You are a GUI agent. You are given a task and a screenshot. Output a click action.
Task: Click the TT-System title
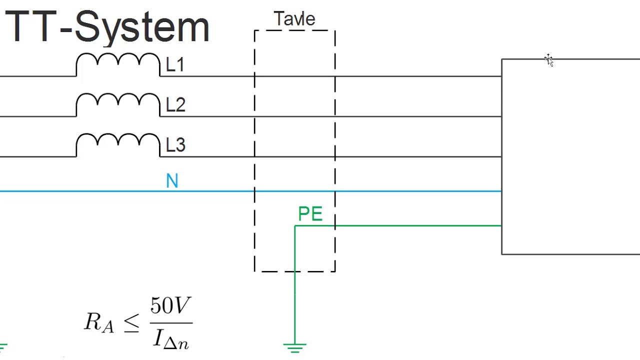pyautogui.click(x=106, y=27)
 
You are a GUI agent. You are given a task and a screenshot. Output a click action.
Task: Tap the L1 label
pyautogui.click(x=175, y=65)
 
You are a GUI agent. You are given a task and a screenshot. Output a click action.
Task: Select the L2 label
pyautogui.click(x=175, y=105)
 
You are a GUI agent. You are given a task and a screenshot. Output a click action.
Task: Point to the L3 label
pyautogui.click(x=175, y=145)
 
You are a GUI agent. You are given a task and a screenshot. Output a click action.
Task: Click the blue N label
pyautogui.click(x=172, y=181)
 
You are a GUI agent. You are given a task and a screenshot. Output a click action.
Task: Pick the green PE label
pyautogui.click(x=310, y=214)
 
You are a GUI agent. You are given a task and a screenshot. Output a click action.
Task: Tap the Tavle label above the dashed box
pyautogui.click(x=294, y=19)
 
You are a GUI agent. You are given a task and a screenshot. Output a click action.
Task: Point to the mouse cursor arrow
pyautogui.click(x=549, y=60)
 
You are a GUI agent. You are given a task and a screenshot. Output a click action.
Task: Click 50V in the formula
pyautogui.click(x=170, y=305)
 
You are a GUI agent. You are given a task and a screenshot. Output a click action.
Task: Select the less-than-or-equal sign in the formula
pyautogui.click(x=131, y=323)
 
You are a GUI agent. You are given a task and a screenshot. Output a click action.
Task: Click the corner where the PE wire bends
pyautogui.click(x=295, y=226)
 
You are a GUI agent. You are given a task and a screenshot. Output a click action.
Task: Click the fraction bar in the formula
pyautogui.click(x=171, y=322)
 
